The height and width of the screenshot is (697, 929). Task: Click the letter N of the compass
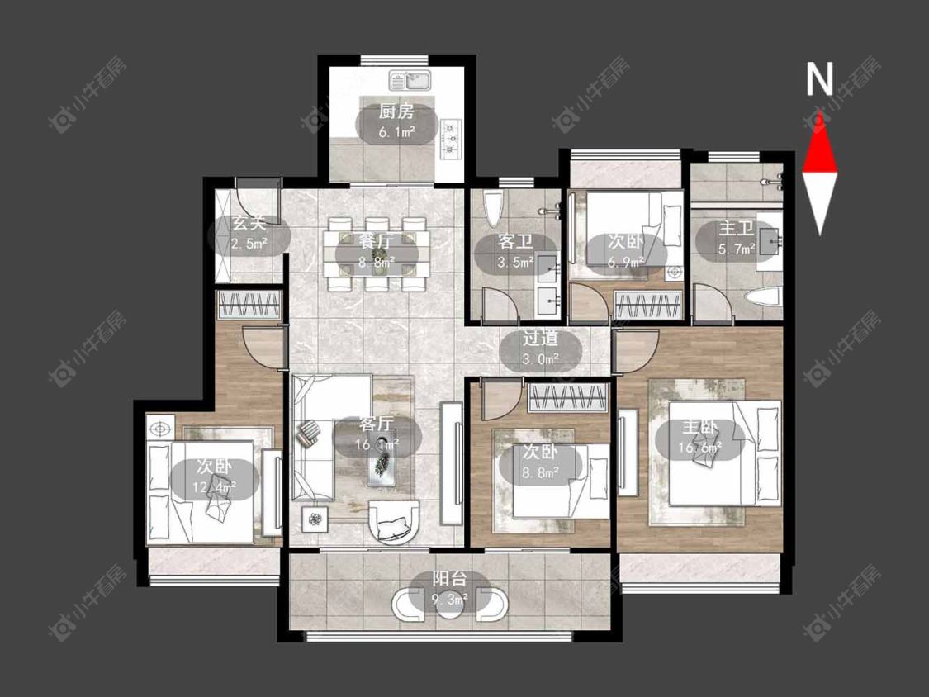point(820,79)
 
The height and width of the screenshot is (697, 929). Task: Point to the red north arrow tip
point(820,111)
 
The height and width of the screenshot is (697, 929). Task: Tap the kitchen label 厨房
point(396,111)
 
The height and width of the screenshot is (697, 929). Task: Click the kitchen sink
point(410,80)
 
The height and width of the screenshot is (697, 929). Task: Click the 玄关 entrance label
point(249,224)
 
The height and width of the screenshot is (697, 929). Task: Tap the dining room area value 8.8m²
point(377,261)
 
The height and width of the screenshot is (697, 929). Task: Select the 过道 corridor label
point(541,339)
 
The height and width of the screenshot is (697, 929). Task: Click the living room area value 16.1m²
point(377,444)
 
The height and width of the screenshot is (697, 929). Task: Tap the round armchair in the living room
point(393,522)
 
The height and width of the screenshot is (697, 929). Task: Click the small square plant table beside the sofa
point(315,519)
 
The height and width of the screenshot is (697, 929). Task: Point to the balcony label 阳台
point(450,578)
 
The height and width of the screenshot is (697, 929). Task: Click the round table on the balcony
point(450,605)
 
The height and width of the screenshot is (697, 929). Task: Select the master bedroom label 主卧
point(700,427)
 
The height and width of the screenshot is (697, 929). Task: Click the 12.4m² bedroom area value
point(215,488)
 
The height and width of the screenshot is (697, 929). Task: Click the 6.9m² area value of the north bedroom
point(626,261)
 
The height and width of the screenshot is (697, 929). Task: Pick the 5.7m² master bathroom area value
point(737,249)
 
